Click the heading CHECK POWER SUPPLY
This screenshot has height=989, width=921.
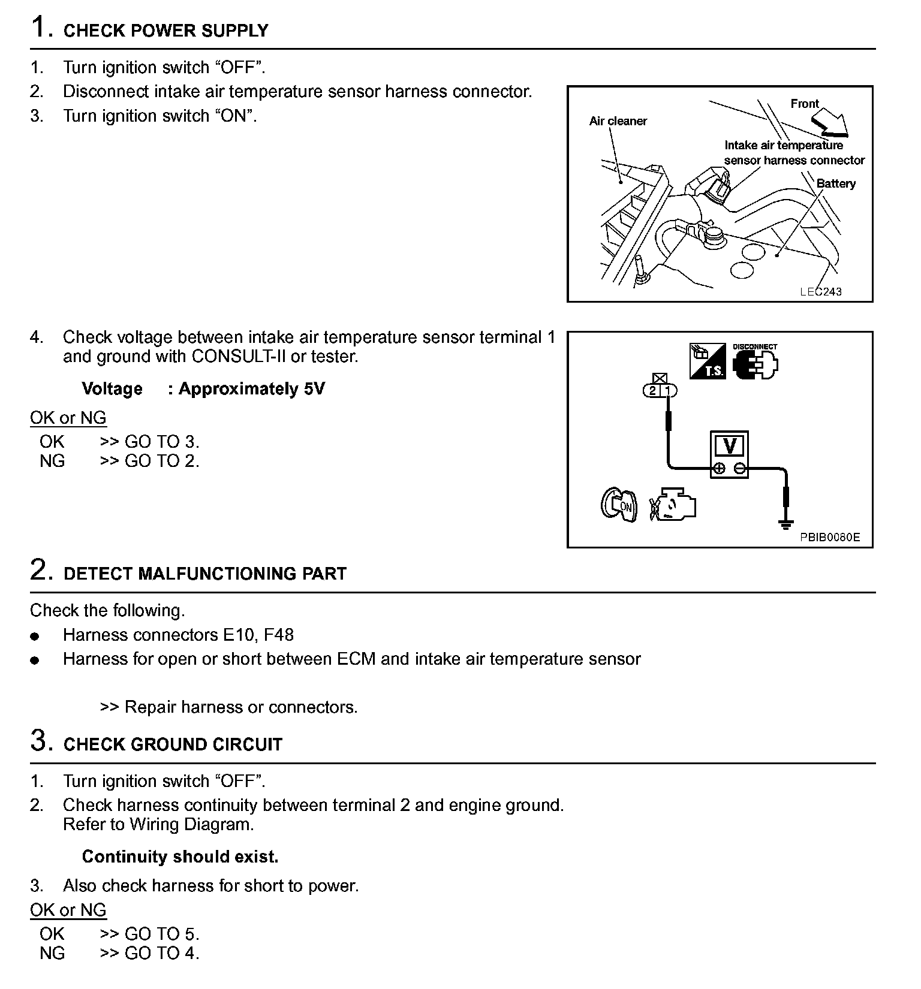[165, 31]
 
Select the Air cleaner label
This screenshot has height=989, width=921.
[618, 121]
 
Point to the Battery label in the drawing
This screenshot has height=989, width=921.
[836, 184]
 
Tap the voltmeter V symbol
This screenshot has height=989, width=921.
[729, 446]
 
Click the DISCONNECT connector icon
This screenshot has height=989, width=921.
[756, 362]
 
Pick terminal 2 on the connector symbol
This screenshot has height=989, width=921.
[652, 391]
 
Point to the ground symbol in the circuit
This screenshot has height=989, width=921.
[784, 525]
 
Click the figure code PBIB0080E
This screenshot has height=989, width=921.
[829, 538]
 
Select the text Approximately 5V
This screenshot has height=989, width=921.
[252, 389]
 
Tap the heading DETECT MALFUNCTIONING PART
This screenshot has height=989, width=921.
[205, 574]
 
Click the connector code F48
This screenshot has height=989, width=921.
[279, 635]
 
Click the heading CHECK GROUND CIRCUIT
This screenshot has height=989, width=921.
[173, 744]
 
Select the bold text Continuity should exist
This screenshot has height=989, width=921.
[180, 857]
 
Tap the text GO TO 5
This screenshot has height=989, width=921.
[162, 934]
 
